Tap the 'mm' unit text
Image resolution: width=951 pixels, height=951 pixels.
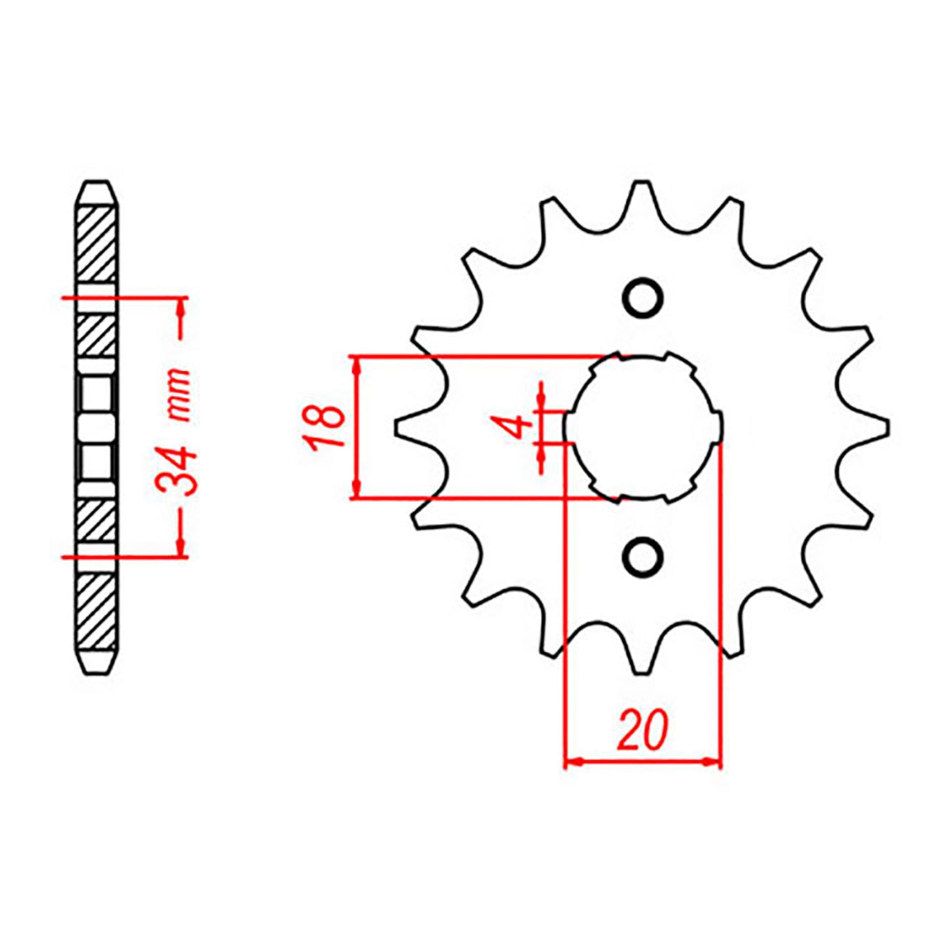[x=178, y=395]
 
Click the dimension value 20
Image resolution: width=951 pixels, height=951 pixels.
[x=642, y=731]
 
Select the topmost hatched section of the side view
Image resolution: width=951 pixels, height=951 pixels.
[x=97, y=244]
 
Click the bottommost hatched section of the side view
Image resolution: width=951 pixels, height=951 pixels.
[x=97, y=611]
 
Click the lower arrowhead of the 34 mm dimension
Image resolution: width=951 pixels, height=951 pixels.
[x=180, y=548]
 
